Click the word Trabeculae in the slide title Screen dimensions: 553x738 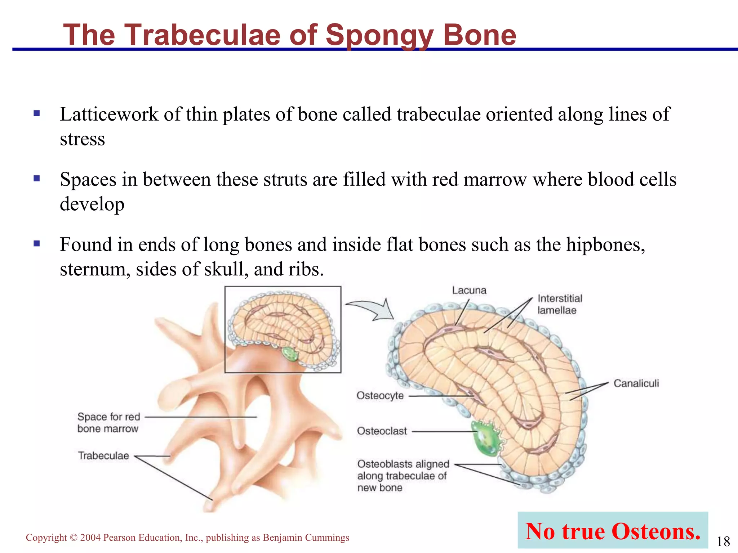pyautogui.click(x=202, y=35)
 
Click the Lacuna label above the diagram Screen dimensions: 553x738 pyautogui.click(x=469, y=291)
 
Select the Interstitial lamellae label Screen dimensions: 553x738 pyautogui.click(x=559, y=304)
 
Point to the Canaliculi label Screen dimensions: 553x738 pyautogui.click(x=636, y=383)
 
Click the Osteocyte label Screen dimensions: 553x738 pyautogui.click(x=380, y=396)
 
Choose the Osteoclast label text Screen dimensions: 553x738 pyautogui.click(x=382, y=431)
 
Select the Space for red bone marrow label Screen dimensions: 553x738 pyautogui.click(x=108, y=423)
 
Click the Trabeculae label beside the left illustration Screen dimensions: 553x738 pyautogui.click(x=103, y=456)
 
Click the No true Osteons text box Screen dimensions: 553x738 pyautogui.click(x=613, y=531)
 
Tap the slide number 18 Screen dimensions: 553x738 pyautogui.click(x=723, y=541)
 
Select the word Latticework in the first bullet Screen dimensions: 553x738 pyautogui.click(x=109, y=114)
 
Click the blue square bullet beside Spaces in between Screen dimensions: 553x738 pyautogui.click(x=36, y=179)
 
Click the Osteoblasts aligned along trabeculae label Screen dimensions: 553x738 pyautogui.click(x=403, y=476)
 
